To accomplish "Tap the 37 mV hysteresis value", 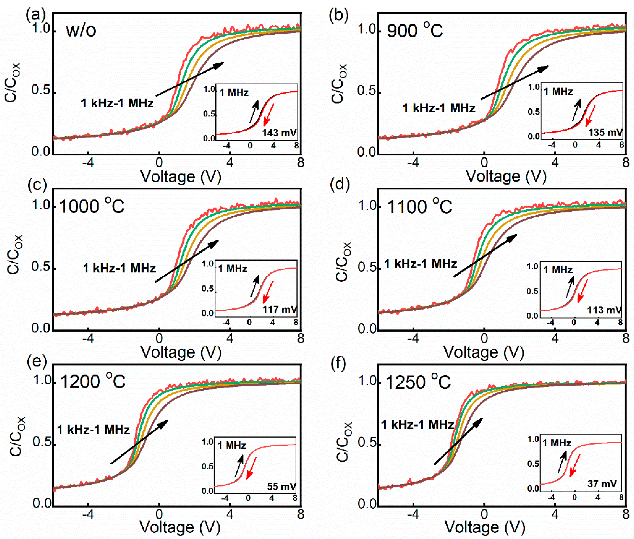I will [x=602, y=484].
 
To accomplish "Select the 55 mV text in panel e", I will [x=281, y=486].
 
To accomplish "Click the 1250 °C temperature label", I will [x=418, y=382].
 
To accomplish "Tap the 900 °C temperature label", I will [x=414, y=31].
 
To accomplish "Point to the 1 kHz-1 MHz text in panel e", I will [x=93, y=430].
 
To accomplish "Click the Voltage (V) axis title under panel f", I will [x=485, y=527].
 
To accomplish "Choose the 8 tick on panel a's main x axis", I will [x=300, y=162].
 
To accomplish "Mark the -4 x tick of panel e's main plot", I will [x=88, y=514].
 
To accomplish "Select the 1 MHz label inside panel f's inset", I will [x=556, y=443].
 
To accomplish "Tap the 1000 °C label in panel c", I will [x=92, y=206].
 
